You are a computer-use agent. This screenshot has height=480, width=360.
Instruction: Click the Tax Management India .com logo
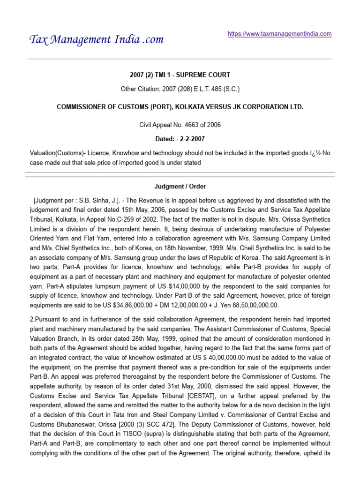coord(96,39)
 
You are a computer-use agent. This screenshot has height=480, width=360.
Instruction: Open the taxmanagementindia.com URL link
coord(279,34)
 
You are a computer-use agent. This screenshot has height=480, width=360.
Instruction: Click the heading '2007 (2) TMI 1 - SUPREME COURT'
coord(180,75)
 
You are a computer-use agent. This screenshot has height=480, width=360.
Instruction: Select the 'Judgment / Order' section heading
coord(180,187)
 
